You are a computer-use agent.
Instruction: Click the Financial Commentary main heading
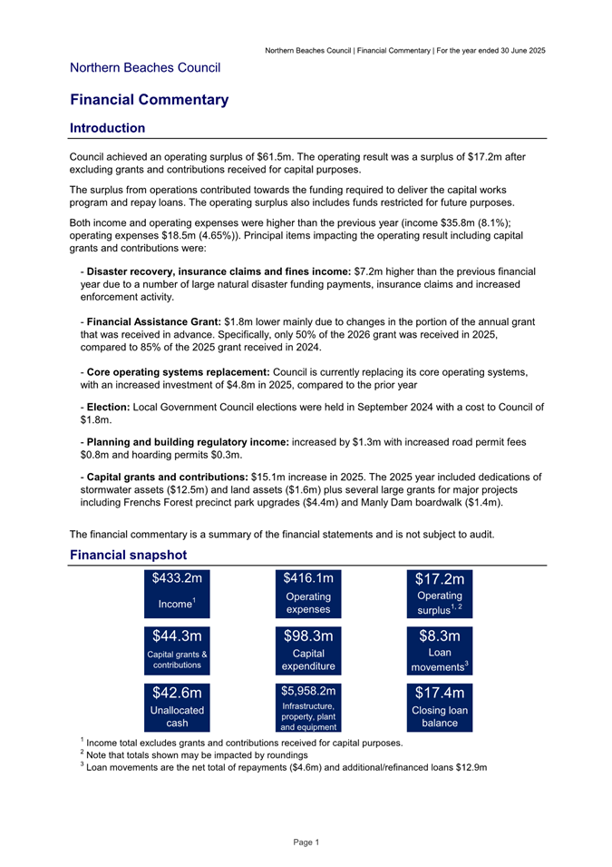(x=149, y=100)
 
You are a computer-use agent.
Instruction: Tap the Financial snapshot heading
(x=128, y=555)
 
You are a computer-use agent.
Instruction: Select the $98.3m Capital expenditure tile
(x=308, y=649)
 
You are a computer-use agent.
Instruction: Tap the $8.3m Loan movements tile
(x=440, y=649)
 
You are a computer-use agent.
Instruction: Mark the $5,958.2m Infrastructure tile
(x=308, y=707)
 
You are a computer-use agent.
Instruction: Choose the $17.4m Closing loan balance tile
(x=440, y=707)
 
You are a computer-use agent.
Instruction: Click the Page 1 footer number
(x=306, y=842)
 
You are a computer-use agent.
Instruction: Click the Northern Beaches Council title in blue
(x=145, y=67)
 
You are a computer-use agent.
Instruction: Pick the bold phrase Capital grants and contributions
(x=166, y=477)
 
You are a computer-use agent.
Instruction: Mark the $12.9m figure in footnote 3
(x=473, y=768)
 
